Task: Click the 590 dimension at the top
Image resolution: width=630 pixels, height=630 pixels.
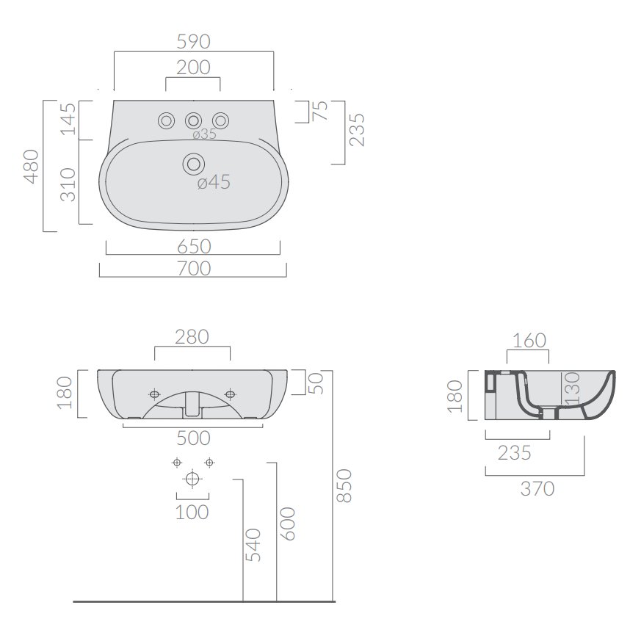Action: [194, 42]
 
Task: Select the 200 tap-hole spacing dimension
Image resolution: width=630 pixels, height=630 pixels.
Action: [193, 68]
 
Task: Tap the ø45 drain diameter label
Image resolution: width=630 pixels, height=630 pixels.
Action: [214, 182]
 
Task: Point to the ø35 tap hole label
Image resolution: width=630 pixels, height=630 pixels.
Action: [205, 134]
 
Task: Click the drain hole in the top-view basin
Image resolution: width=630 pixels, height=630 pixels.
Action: [194, 164]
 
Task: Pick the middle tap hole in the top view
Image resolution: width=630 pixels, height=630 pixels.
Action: [193, 120]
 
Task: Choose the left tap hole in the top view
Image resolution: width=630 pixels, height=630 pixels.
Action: [166, 120]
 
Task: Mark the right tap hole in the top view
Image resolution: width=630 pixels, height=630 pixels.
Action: [220, 120]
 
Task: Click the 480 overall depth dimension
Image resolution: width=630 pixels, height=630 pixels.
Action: [32, 167]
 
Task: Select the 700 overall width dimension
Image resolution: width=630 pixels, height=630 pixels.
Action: [194, 269]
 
